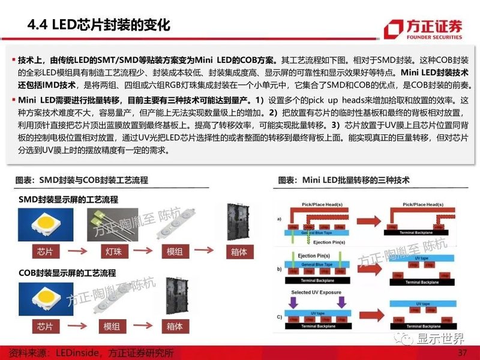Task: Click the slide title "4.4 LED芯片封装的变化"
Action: [x=100, y=25]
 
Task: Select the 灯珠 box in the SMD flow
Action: [x=109, y=252]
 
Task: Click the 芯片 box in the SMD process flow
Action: [x=44, y=252]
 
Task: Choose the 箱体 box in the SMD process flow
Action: [x=238, y=252]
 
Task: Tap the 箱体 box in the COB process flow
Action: [x=175, y=326]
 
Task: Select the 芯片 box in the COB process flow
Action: [x=44, y=326]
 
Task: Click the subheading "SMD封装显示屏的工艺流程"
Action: [x=68, y=199]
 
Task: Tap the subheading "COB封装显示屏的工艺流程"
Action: [x=67, y=273]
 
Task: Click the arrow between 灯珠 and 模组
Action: [x=142, y=252]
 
